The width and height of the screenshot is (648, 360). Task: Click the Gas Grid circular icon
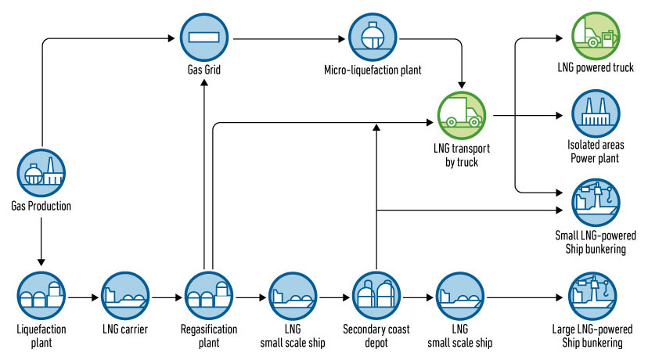click(203, 36)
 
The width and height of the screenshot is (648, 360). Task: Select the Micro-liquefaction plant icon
click(373, 36)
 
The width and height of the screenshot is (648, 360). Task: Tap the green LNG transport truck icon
click(462, 115)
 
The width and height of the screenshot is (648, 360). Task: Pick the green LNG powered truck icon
click(596, 34)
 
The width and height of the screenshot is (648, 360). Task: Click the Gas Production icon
click(41, 173)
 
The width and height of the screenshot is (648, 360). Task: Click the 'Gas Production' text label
click(41, 207)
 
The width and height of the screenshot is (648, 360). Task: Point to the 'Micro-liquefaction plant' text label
click(373, 71)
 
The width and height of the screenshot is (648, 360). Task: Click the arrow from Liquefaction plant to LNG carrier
click(82, 298)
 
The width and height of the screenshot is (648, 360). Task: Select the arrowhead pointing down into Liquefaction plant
click(41, 263)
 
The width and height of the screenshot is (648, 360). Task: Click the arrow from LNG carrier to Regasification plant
click(167, 298)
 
